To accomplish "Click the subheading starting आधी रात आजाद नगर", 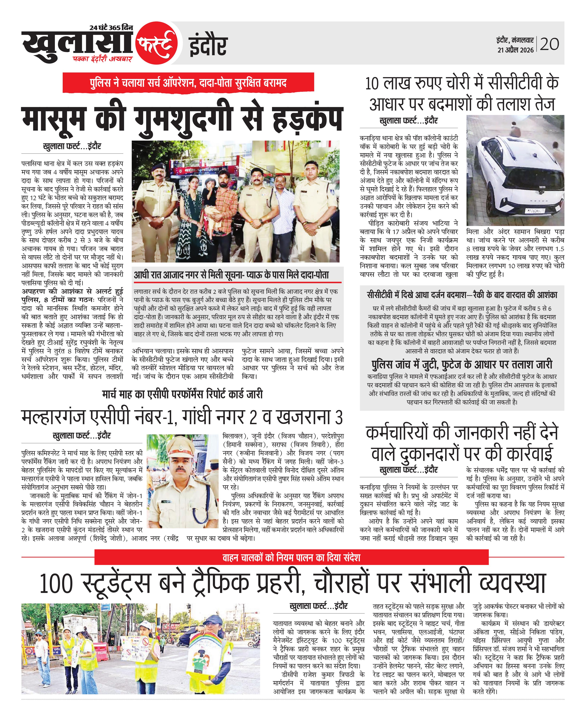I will [231, 275].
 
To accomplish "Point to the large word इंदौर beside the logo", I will [208, 46].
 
